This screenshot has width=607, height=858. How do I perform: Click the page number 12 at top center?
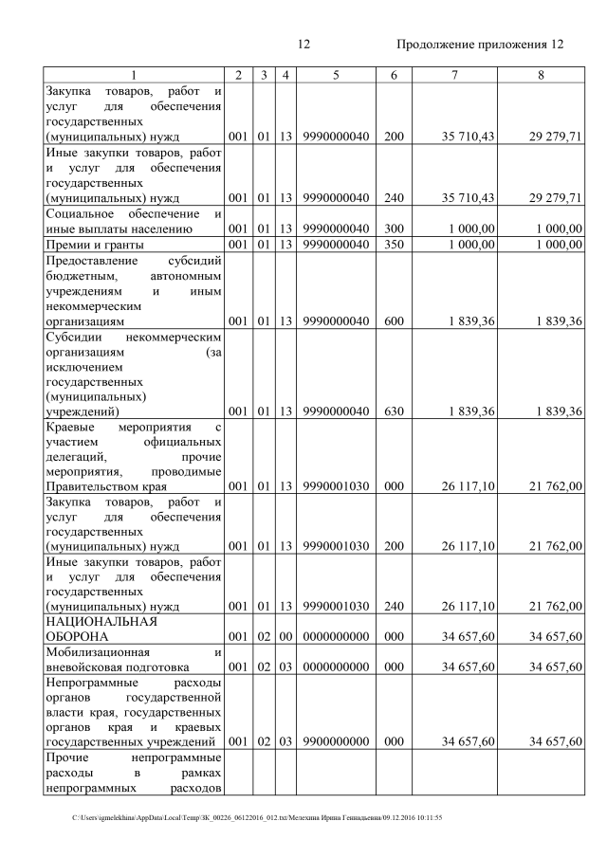pyautogui.click(x=303, y=45)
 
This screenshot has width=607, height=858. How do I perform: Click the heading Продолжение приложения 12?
pyautogui.click(x=479, y=45)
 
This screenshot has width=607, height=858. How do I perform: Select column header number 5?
pyautogui.click(x=336, y=75)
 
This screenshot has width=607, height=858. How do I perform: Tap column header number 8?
pyautogui.click(x=540, y=75)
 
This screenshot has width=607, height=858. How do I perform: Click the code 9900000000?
pyautogui.click(x=336, y=740)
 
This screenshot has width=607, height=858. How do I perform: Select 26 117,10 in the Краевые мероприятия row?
pyautogui.click(x=468, y=485)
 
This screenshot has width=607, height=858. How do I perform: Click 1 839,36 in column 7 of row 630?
pyautogui.click(x=468, y=411)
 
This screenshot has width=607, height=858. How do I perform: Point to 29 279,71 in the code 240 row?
pyautogui.click(x=555, y=197)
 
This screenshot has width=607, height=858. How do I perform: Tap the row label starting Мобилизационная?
pyautogui.click(x=133, y=659)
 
